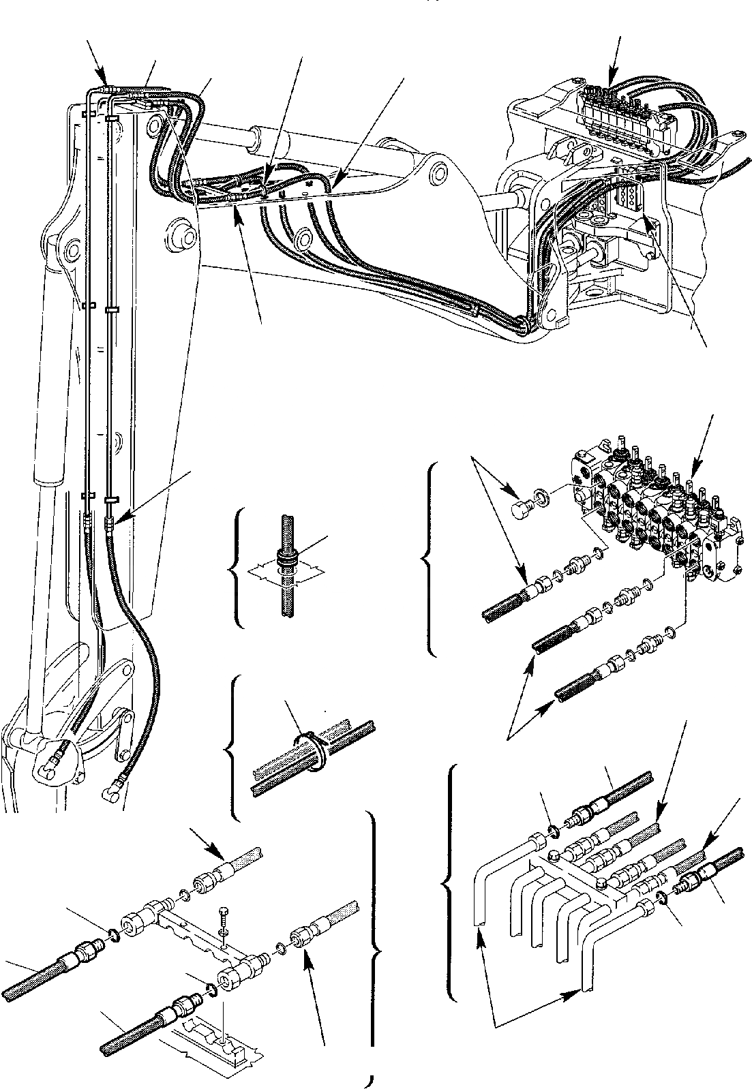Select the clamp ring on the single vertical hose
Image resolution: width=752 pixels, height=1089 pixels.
(x=286, y=559)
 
